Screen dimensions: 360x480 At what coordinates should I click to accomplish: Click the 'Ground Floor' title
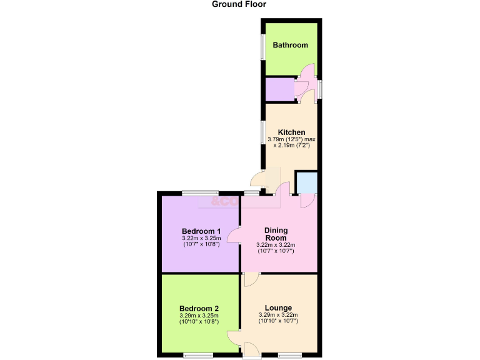[x=239, y=4]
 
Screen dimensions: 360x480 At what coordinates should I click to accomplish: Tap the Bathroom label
[x=290, y=45]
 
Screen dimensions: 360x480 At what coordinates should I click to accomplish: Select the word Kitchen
[x=291, y=132]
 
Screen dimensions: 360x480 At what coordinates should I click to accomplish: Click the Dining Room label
[x=276, y=234]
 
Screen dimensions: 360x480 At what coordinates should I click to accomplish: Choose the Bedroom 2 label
[x=199, y=309]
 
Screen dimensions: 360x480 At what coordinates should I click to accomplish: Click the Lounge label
[x=278, y=308]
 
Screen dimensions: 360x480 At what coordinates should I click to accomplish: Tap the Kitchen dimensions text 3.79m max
[x=291, y=139]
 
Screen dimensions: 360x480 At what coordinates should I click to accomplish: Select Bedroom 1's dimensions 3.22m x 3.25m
[x=199, y=238]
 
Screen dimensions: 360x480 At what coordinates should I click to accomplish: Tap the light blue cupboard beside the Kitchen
[x=306, y=182]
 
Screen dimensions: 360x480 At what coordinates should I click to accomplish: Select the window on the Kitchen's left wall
[x=263, y=134]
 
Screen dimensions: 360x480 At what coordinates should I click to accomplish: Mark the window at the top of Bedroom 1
[x=199, y=192]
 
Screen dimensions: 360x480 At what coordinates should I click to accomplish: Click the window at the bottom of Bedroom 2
[x=199, y=355]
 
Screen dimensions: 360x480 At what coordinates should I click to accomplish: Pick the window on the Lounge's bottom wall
[x=289, y=355]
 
